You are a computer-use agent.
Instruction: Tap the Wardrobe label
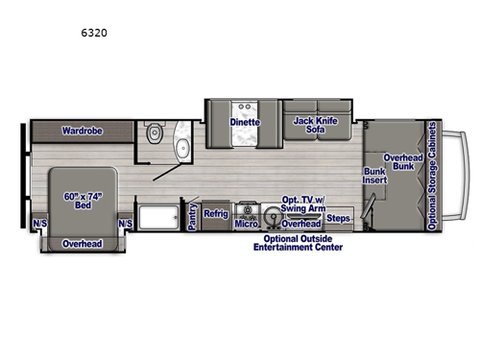pyautogui.click(x=83, y=130)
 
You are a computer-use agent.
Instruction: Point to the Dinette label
pyautogui.click(x=244, y=123)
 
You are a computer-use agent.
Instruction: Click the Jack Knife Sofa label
pyautogui.click(x=315, y=127)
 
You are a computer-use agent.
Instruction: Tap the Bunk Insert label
pyautogui.click(x=373, y=178)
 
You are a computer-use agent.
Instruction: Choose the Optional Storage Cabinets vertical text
pyautogui.click(x=433, y=177)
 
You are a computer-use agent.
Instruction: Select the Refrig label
pyautogui.click(x=215, y=213)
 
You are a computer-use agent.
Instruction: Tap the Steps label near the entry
pyautogui.click(x=339, y=219)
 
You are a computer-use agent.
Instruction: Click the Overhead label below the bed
pyautogui.click(x=82, y=244)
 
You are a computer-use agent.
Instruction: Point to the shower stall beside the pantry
pyautogui.click(x=158, y=216)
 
